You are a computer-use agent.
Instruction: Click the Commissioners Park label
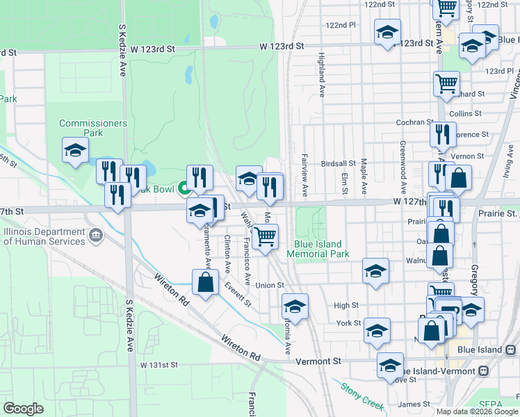coord(93,128)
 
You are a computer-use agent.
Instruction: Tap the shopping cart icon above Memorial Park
coord(265,237)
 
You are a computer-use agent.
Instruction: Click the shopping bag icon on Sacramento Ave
coord(205,284)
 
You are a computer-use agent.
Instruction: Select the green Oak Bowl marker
coord(185,188)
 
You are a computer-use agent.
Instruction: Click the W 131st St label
coord(159,364)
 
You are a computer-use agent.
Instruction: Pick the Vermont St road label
coord(318,361)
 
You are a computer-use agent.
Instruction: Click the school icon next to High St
coord(295,306)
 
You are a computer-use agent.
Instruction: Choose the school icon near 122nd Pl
coord(387,32)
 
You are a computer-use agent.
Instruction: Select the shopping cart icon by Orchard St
coord(446,84)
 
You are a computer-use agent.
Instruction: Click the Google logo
coord(24,408)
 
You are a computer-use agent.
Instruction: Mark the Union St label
coord(270,285)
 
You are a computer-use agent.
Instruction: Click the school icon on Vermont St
coord(390,365)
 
